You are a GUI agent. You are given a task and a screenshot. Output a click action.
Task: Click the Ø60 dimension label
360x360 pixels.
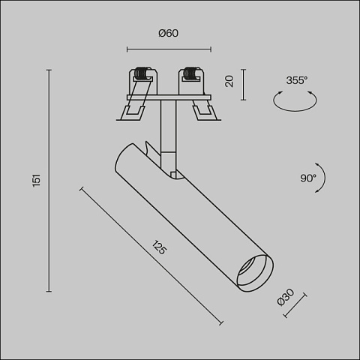coord(169,33)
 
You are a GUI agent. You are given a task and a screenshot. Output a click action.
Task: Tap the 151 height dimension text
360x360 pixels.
coord(37,180)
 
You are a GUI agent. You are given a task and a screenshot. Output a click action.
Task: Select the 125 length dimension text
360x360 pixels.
coord(159,247)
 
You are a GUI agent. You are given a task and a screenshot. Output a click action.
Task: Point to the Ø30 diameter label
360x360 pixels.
coord(286,297)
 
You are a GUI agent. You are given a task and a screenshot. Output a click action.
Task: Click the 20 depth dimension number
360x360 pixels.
coord(229,81)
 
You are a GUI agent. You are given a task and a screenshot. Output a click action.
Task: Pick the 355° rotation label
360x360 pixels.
coord(297,80)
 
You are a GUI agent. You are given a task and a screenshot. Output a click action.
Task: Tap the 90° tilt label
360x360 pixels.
coord(308,178)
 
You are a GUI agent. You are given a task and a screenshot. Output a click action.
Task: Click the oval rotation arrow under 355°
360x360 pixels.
coord(295,110)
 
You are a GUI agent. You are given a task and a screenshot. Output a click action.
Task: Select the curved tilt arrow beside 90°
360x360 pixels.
coord(325,178)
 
